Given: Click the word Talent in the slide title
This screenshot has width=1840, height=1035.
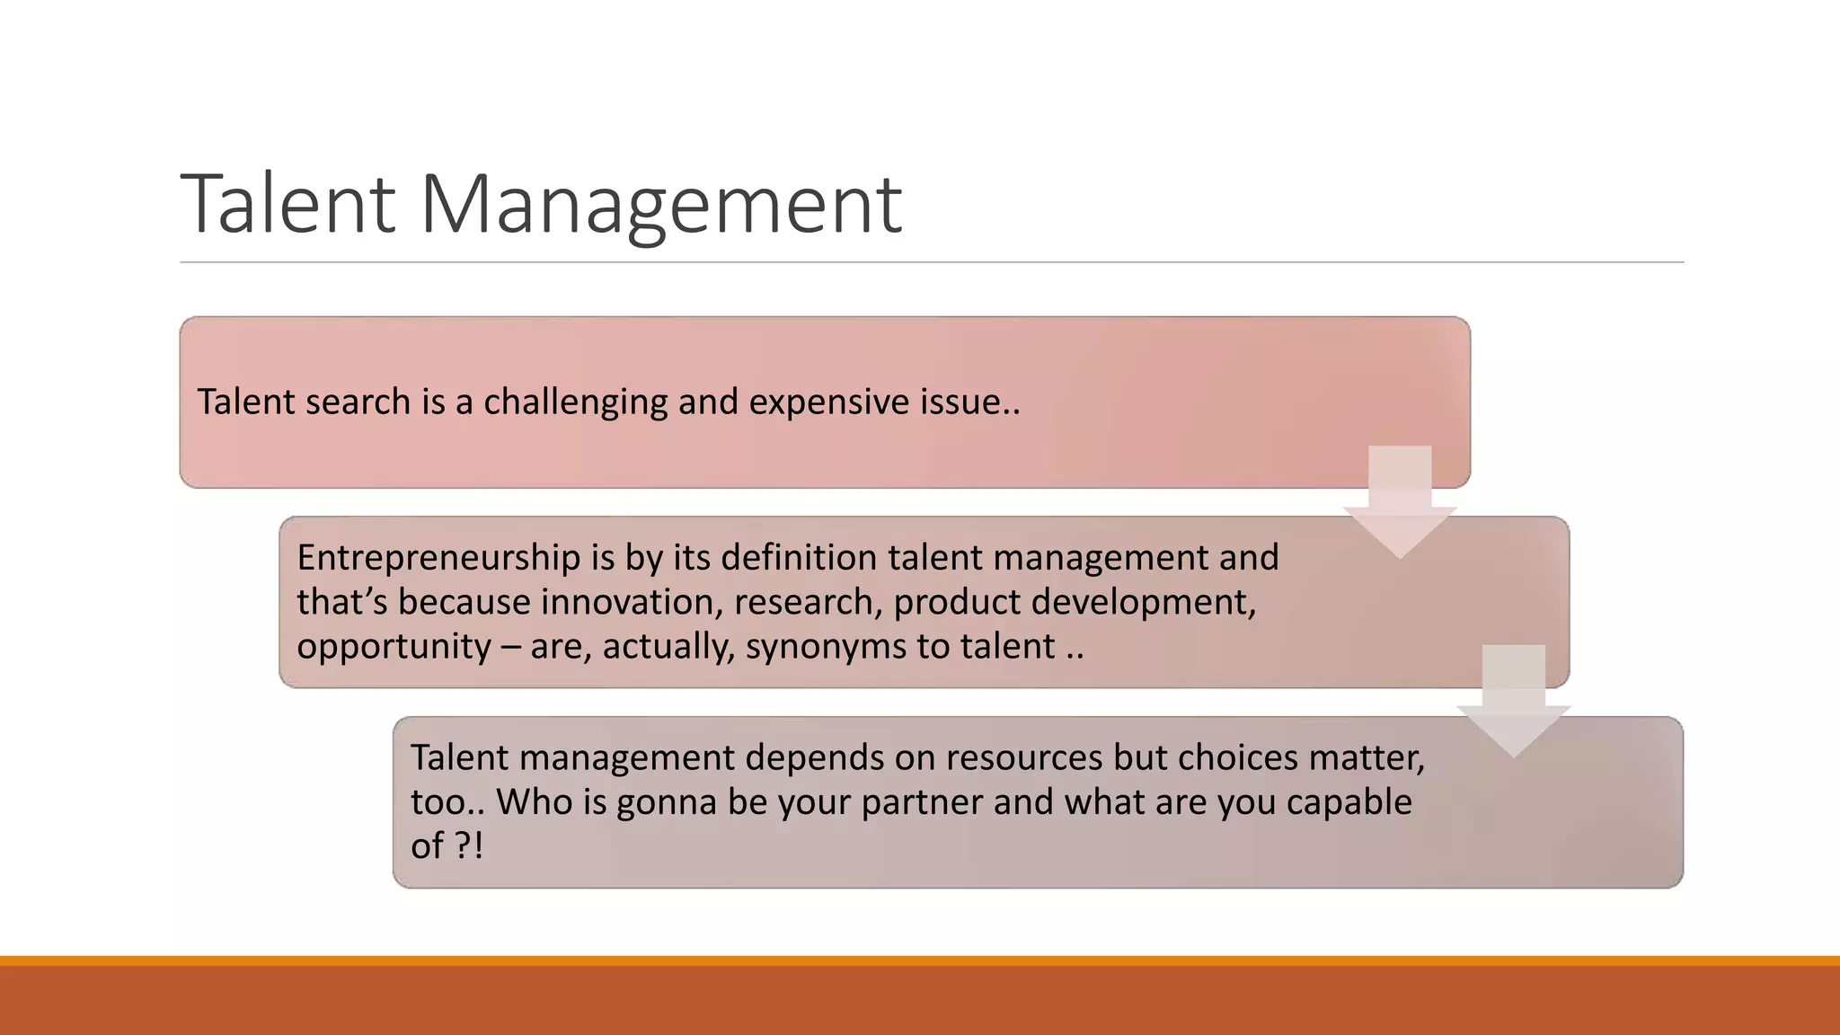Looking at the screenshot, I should coord(288,205).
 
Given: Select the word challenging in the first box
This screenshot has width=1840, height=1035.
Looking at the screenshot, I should coord(575,402).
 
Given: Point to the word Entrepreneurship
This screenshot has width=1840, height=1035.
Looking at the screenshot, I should coord(438,558).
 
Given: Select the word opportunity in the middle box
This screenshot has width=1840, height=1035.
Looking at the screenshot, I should coord(394,647).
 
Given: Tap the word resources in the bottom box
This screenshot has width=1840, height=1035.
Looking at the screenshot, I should coord(1023,757).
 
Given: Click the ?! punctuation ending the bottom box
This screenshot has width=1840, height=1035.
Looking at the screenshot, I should coord(468,845).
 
